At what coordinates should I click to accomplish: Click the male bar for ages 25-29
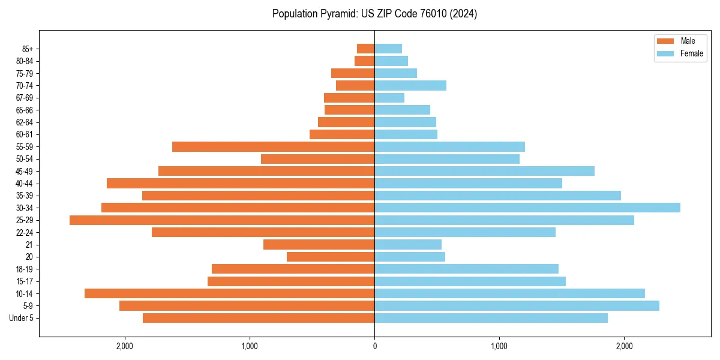222,220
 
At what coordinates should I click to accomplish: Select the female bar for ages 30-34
527,208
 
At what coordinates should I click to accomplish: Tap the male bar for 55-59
273,146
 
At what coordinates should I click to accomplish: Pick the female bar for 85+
388,49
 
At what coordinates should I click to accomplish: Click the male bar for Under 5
259,318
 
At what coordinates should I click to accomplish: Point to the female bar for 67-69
389,98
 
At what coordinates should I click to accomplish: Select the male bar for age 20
331,257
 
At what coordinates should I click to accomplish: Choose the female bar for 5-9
517,306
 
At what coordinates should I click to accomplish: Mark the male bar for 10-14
229,293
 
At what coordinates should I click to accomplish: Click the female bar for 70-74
410,85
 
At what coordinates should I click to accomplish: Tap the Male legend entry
688,41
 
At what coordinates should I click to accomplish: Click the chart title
374,14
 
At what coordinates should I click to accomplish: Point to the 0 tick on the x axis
374,346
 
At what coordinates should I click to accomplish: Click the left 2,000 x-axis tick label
124,346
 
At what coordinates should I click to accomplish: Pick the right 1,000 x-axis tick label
499,346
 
